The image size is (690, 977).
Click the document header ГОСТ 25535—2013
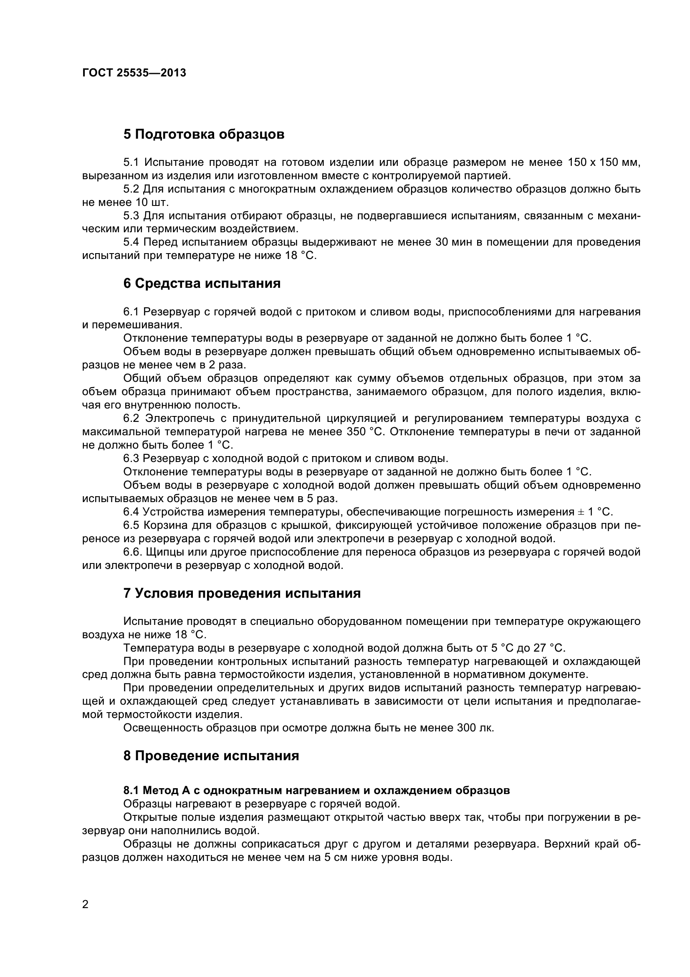pos(134,73)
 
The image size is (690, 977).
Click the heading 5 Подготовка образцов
pos(204,134)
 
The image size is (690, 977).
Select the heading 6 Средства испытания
pos(202,283)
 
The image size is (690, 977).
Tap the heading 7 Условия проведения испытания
pos(242,593)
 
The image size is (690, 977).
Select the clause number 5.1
pos(131,162)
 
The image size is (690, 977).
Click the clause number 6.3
pos(131,458)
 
